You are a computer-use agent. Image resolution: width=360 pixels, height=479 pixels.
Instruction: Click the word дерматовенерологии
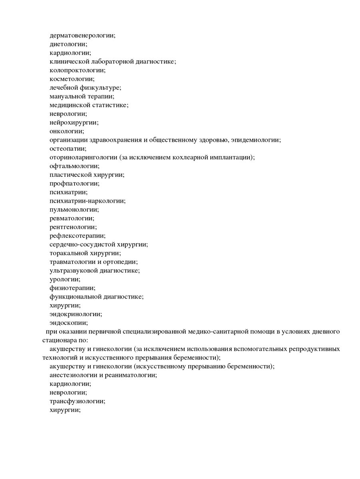click(82, 35)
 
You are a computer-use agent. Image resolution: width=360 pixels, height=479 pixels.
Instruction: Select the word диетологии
click(68, 44)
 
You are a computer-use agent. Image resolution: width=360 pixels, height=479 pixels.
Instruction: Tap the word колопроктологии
click(77, 70)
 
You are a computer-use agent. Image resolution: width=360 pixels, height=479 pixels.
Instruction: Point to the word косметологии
click(72, 79)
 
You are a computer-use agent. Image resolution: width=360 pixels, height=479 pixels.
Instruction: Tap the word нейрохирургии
click(74, 123)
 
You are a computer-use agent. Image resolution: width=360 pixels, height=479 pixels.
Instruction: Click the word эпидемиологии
click(255, 140)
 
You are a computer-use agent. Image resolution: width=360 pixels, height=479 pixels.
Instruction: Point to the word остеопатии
click(67, 149)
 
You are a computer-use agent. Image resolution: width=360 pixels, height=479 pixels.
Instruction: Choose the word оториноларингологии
click(83, 158)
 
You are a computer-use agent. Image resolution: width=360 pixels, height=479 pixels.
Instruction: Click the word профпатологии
click(74, 184)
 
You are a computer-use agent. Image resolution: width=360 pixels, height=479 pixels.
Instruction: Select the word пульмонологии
click(74, 210)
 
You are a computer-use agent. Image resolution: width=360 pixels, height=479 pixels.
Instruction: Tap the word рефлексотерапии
click(77, 236)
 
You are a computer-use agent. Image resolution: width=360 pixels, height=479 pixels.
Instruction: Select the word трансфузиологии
click(77, 402)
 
